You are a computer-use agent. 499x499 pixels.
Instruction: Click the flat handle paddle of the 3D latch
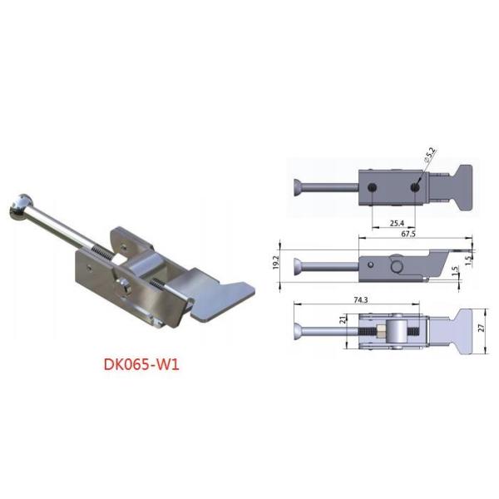[x=225, y=293]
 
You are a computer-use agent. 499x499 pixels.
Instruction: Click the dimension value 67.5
[x=408, y=236]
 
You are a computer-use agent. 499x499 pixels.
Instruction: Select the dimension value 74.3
[x=358, y=297]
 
